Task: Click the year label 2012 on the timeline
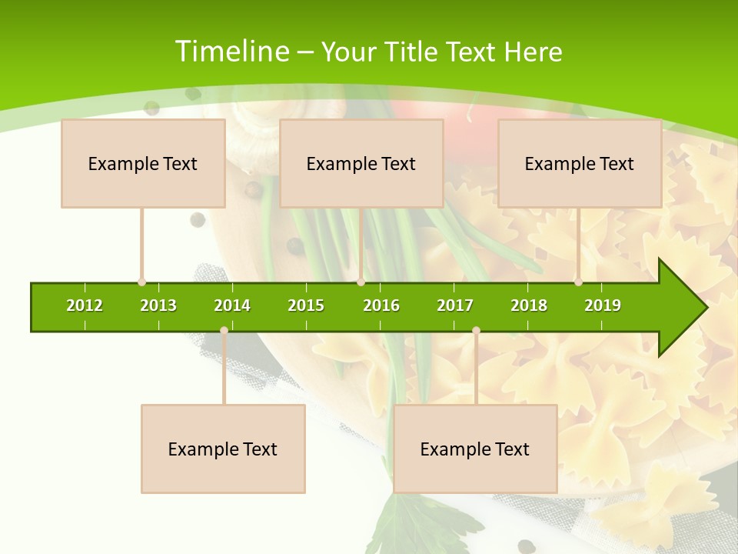tap(85, 305)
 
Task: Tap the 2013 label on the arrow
tap(158, 305)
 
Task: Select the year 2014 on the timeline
tap(232, 305)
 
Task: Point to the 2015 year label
tap(306, 305)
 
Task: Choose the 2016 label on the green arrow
tap(381, 305)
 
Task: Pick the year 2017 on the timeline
tap(455, 305)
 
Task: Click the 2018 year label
tap(529, 305)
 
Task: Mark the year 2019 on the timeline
tap(603, 305)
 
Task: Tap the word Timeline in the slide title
tap(231, 52)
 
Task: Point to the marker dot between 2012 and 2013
tap(141, 282)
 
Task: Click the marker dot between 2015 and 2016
tap(361, 282)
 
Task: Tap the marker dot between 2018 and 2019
tap(578, 282)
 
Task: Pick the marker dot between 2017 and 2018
tap(476, 331)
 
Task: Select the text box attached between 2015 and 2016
tap(361, 163)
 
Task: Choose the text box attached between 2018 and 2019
tap(580, 163)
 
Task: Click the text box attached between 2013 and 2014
tap(223, 449)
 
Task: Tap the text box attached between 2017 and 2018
tap(475, 449)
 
